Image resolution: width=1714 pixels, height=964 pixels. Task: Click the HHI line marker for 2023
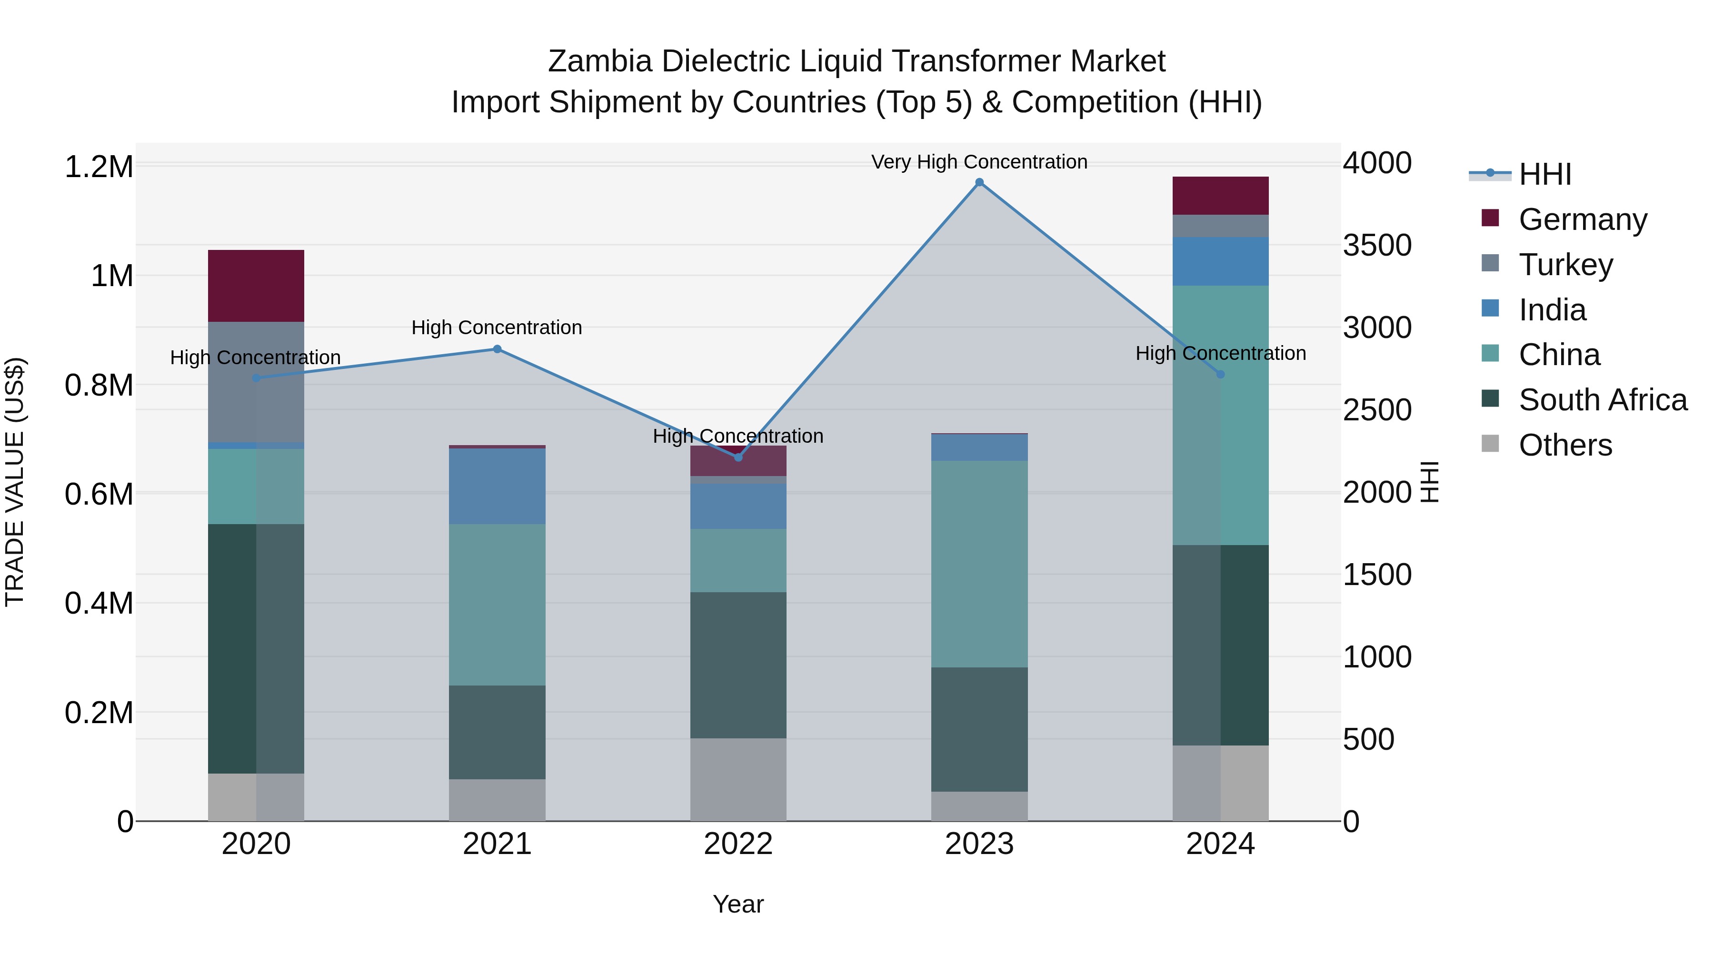click(x=979, y=182)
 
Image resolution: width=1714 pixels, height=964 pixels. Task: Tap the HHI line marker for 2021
click(x=497, y=349)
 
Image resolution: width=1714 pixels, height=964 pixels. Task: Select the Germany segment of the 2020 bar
click(x=256, y=286)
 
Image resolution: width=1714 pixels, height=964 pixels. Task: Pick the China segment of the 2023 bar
click(x=979, y=564)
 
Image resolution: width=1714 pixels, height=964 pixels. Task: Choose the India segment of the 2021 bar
click(x=497, y=487)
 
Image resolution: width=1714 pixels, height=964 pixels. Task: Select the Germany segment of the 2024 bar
click(x=1220, y=196)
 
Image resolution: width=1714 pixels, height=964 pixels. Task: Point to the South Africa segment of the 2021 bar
click(x=497, y=732)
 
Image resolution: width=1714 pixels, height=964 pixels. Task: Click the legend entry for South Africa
click(x=1602, y=400)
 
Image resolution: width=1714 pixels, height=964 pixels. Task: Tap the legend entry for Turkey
click(x=1565, y=265)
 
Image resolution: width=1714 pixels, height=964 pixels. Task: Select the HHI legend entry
click(x=1544, y=174)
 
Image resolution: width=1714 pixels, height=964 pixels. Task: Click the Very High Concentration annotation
click(x=979, y=162)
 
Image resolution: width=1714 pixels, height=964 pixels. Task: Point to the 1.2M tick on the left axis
click(x=99, y=166)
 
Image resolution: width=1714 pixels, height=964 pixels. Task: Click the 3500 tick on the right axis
click(x=1376, y=246)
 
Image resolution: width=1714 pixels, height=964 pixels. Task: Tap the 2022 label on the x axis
click(x=738, y=844)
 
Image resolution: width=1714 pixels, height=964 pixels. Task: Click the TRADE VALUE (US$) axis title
click(x=15, y=482)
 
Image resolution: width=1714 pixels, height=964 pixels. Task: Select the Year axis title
click(x=738, y=904)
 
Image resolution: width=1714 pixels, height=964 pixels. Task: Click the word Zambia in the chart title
click(x=599, y=61)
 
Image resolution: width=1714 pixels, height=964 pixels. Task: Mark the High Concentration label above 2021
click(x=497, y=328)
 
